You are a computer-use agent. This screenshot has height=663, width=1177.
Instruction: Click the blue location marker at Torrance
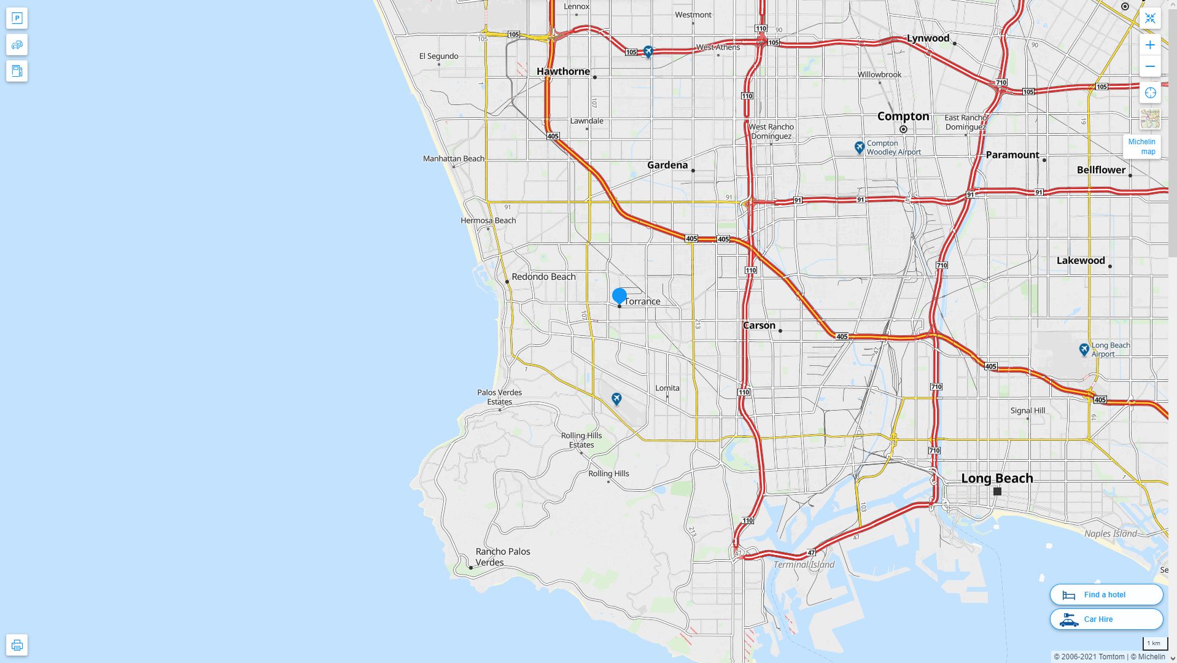click(x=620, y=296)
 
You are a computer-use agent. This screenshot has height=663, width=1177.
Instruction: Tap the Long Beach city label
click(x=996, y=478)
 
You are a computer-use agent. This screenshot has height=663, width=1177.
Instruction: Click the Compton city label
click(x=903, y=116)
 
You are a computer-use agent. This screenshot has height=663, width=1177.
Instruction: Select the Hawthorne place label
click(x=563, y=71)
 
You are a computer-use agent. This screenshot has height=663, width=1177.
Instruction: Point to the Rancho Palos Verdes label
click(x=502, y=557)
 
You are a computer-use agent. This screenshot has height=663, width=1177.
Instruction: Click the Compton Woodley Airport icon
click(x=860, y=147)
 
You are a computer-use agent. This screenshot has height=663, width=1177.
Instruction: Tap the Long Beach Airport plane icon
click(x=1084, y=349)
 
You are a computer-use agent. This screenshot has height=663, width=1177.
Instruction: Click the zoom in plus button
click(x=1150, y=45)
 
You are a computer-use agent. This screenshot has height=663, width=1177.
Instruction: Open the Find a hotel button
click(x=1106, y=594)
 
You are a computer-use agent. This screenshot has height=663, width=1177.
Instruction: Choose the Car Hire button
click(x=1106, y=619)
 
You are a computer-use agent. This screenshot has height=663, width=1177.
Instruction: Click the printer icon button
click(x=17, y=645)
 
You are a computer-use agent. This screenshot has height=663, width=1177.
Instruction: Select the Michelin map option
click(x=1141, y=147)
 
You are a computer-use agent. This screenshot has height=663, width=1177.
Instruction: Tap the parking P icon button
click(x=17, y=18)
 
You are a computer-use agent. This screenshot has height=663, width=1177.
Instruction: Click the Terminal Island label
click(x=804, y=565)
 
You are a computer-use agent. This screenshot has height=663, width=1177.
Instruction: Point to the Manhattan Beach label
click(x=453, y=158)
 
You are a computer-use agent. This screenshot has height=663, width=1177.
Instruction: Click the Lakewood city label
click(x=1081, y=260)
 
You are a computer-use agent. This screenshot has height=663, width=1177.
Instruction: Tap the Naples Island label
click(x=1110, y=533)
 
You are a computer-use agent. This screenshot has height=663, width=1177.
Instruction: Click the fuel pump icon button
click(x=17, y=71)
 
